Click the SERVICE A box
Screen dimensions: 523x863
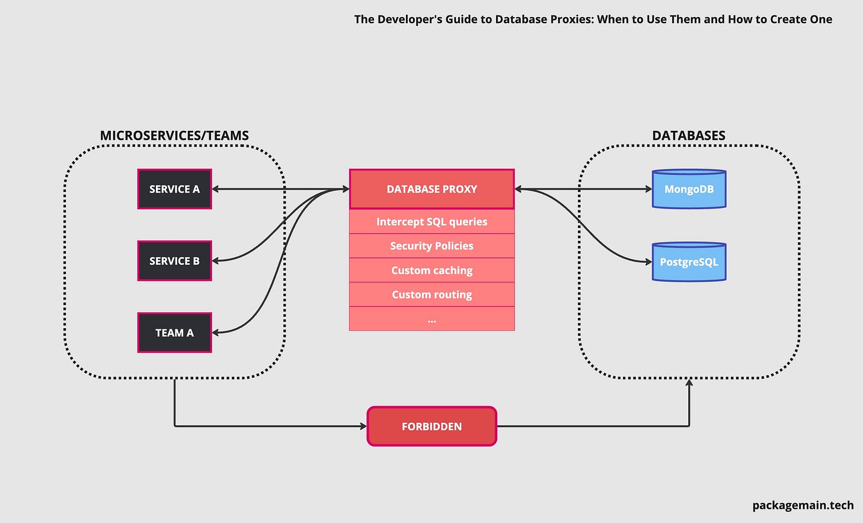(x=174, y=189)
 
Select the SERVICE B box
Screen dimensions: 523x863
(x=174, y=261)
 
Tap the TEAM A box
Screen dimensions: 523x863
(x=174, y=333)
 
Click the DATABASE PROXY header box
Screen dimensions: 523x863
(x=431, y=189)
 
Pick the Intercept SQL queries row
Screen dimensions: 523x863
(x=431, y=222)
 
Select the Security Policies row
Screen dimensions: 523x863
(x=431, y=246)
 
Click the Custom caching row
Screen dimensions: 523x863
(x=431, y=270)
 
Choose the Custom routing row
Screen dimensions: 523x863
(x=431, y=294)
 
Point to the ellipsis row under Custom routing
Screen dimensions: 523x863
(x=431, y=319)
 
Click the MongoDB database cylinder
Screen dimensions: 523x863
(x=689, y=190)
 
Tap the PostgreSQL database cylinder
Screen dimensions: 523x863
(x=689, y=262)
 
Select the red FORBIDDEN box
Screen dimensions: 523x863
(x=431, y=426)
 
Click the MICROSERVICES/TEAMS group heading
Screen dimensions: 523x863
(x=174, y=136)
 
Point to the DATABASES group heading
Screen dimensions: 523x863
(x=689, y=136)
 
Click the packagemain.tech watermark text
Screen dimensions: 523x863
(x=803, y=505)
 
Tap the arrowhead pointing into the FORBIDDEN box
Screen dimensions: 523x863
(x=363, y=426)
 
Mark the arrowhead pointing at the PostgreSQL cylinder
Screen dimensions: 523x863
(x=648, y=261)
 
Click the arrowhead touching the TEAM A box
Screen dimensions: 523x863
(x=216, y=333)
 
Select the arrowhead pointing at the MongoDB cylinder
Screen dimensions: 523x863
(x=648, y=189)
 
